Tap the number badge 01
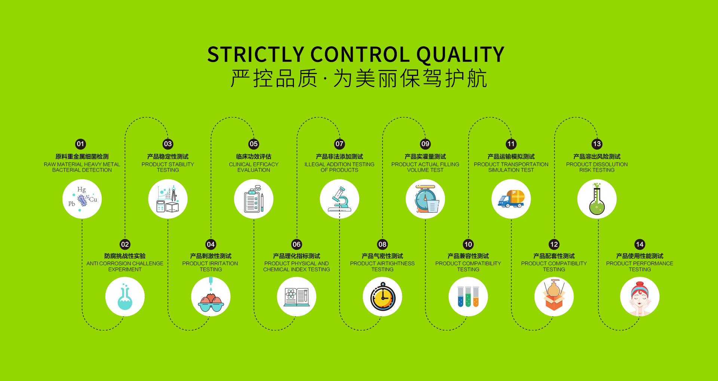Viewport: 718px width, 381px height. (80, 144)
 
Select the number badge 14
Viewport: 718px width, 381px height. (640, 244)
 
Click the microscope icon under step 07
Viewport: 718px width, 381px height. (340, 199)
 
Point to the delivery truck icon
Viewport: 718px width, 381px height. (511, 199)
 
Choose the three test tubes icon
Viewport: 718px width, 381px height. (468, 296)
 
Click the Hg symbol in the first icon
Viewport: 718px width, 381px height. (82, 190)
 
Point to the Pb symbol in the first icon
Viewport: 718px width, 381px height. (71, 204)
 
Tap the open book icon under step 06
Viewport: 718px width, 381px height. (297, 297)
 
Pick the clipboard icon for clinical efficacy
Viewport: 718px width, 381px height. (254, 199)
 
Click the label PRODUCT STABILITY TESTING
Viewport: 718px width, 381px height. (168, 167)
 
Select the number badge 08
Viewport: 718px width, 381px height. (382, 244)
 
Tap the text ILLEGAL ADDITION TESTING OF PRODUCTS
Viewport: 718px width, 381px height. (340, 167)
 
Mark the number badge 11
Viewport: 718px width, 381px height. (511, 144)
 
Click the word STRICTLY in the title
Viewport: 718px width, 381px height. (256, 55)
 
